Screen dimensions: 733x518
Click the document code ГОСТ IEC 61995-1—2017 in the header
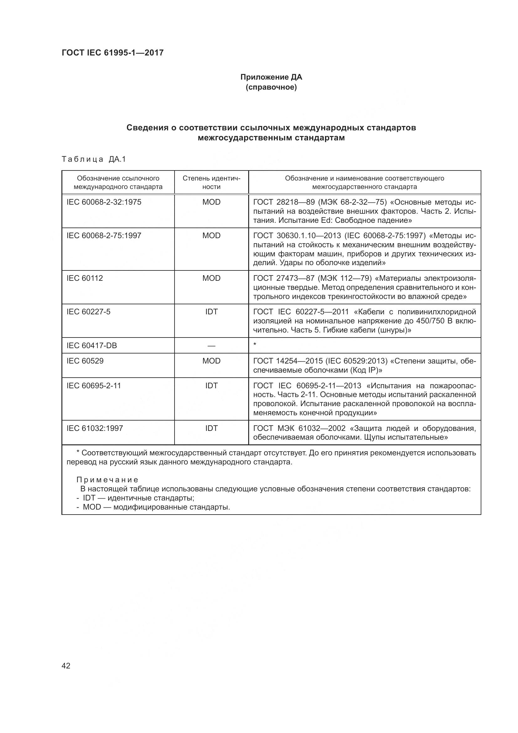112,53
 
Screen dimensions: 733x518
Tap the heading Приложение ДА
271,77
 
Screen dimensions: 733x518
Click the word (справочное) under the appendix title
271,87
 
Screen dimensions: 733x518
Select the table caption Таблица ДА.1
94,159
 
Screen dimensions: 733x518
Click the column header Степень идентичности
211,182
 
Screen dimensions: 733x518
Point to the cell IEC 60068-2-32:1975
104,202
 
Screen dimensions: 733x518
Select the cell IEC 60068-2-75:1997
104,236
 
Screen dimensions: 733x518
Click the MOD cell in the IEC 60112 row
211,278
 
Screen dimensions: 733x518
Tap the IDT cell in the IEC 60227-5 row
211,312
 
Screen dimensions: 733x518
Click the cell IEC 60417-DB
92,345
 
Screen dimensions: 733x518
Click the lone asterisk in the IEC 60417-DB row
255,344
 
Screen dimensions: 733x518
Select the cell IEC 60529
85,361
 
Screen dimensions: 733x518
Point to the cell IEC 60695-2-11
93,386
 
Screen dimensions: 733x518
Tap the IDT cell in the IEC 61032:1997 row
211,428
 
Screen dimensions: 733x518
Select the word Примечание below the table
107,480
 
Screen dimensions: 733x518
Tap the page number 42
66,666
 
